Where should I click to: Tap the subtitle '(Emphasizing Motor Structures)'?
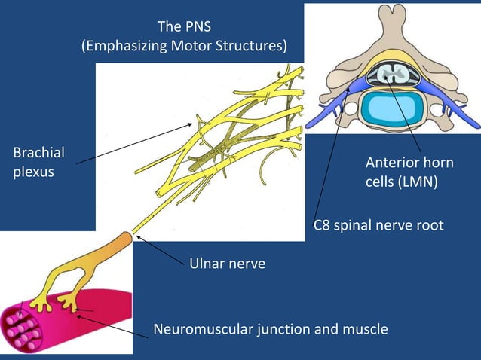(184, 47)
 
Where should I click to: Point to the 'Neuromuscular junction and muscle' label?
(270, 328)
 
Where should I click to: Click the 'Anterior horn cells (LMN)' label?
(409, 172)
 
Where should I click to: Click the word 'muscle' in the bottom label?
(366, 328)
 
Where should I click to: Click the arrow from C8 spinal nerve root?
(332, 151)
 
